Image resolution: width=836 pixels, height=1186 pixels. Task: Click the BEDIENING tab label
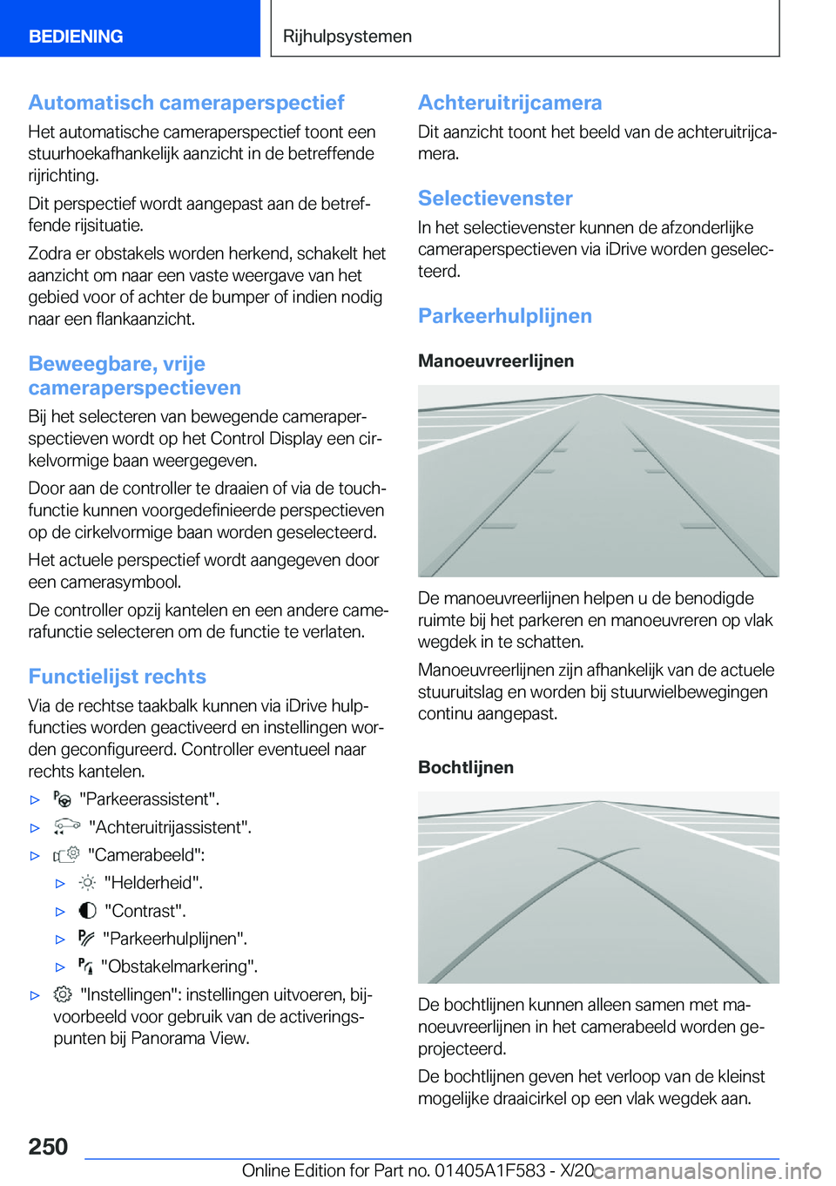[76, 37]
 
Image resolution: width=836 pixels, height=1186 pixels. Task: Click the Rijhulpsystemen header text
[347, 37]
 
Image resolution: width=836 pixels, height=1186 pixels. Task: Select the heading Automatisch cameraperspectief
[186, 103]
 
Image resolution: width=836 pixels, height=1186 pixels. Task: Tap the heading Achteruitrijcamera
[509, 103]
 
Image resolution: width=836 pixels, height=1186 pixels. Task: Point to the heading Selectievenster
[495, 199]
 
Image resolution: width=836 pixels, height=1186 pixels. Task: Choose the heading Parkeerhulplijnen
[504, 316]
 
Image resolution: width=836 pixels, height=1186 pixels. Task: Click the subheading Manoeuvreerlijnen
[496, 361]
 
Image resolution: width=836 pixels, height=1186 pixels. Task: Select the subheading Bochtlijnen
[465, 767]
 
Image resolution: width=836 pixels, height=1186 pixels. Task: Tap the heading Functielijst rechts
[117, 677]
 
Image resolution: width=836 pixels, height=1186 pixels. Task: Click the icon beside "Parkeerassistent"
[62, 799]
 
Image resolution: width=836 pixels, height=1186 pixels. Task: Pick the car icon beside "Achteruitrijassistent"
[66, 826]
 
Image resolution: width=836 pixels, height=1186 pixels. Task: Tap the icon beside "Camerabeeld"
[66, 854]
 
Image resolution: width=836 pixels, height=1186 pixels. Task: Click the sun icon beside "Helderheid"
[87, 882]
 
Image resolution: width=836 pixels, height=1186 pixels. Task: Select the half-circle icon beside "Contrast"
[87, 911]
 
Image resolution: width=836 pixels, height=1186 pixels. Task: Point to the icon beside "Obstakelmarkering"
[85, 966]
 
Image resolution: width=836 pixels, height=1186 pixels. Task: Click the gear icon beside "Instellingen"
[63, 994]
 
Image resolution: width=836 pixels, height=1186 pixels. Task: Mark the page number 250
[48, 1146]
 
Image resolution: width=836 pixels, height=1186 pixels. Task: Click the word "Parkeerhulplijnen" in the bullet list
[174, 939]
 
